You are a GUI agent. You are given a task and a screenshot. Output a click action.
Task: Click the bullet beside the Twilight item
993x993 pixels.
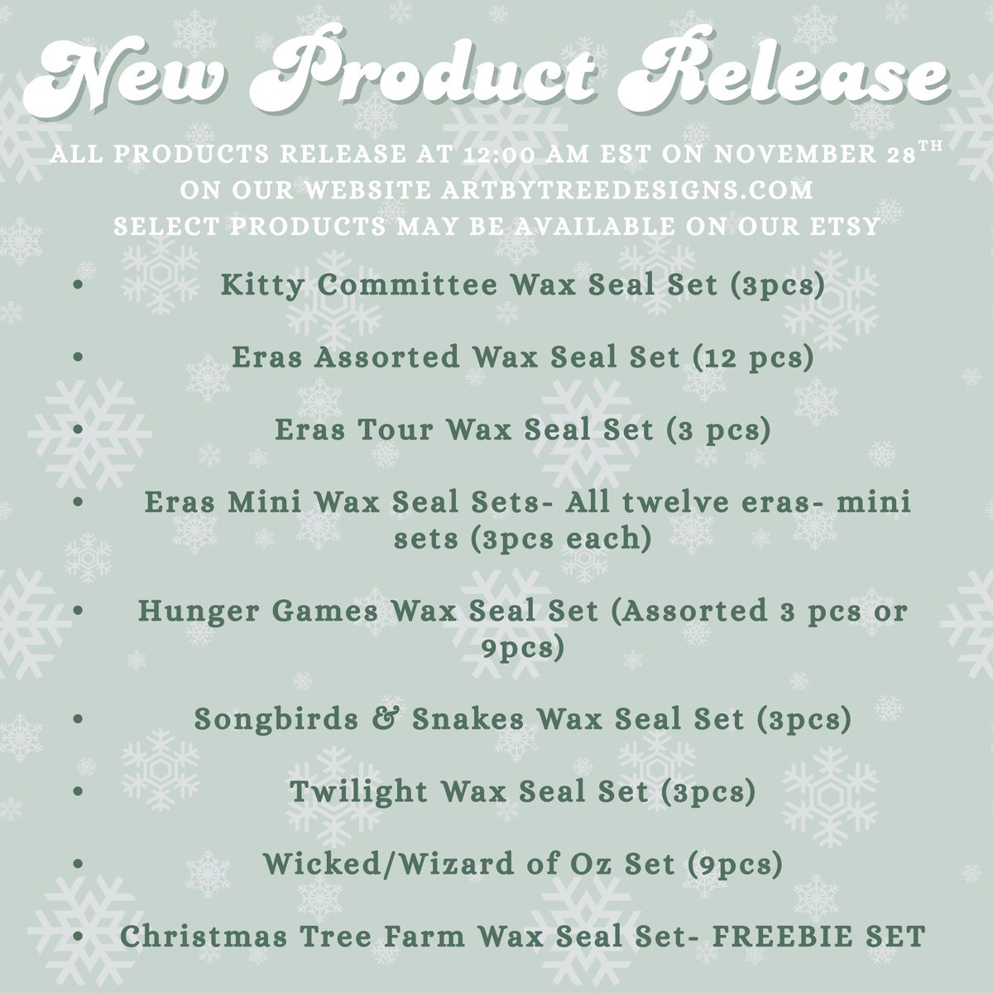78,793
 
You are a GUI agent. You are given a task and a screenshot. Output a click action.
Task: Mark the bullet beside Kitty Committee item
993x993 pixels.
78,285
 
